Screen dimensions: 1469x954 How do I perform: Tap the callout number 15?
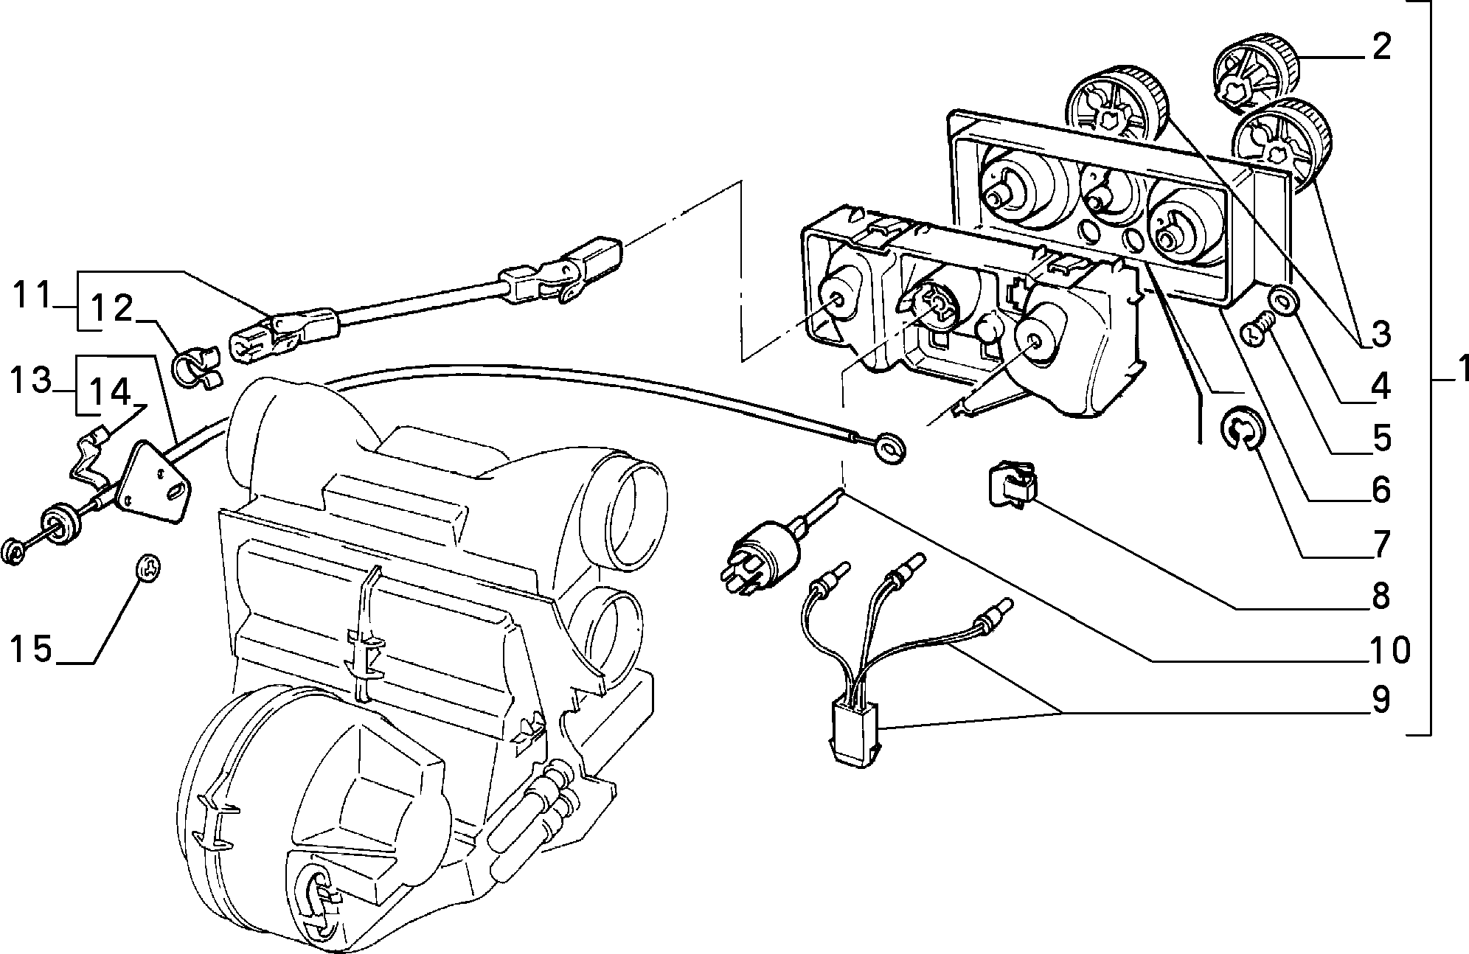click(x=31, y=650)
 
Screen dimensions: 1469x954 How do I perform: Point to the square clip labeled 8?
click(x=1012, y=483)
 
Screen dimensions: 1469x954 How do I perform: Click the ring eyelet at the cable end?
click(x=890, y=448)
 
